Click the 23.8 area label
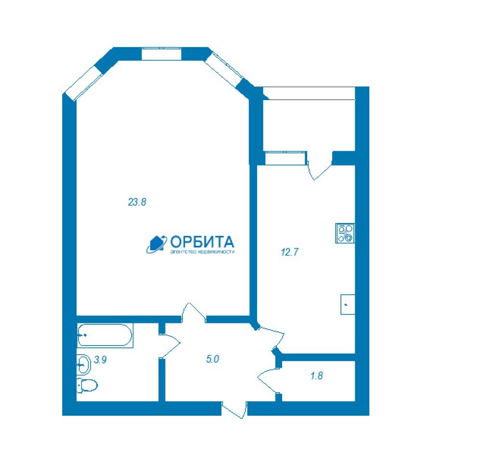coord(137,202)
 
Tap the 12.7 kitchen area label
coord(289,252)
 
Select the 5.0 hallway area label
coord(212,359)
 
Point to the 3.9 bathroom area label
coord(100,359)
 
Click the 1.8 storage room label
coord(317,375)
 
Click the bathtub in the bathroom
coord(105,335)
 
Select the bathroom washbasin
coord(84,365)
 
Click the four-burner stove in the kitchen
coord(345,233)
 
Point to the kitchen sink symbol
coord(348,304)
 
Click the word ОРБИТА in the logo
coord(202,242)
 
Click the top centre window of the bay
coord(162,54)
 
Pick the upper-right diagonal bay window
coord(224,69)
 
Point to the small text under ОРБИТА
coord(202,252)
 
